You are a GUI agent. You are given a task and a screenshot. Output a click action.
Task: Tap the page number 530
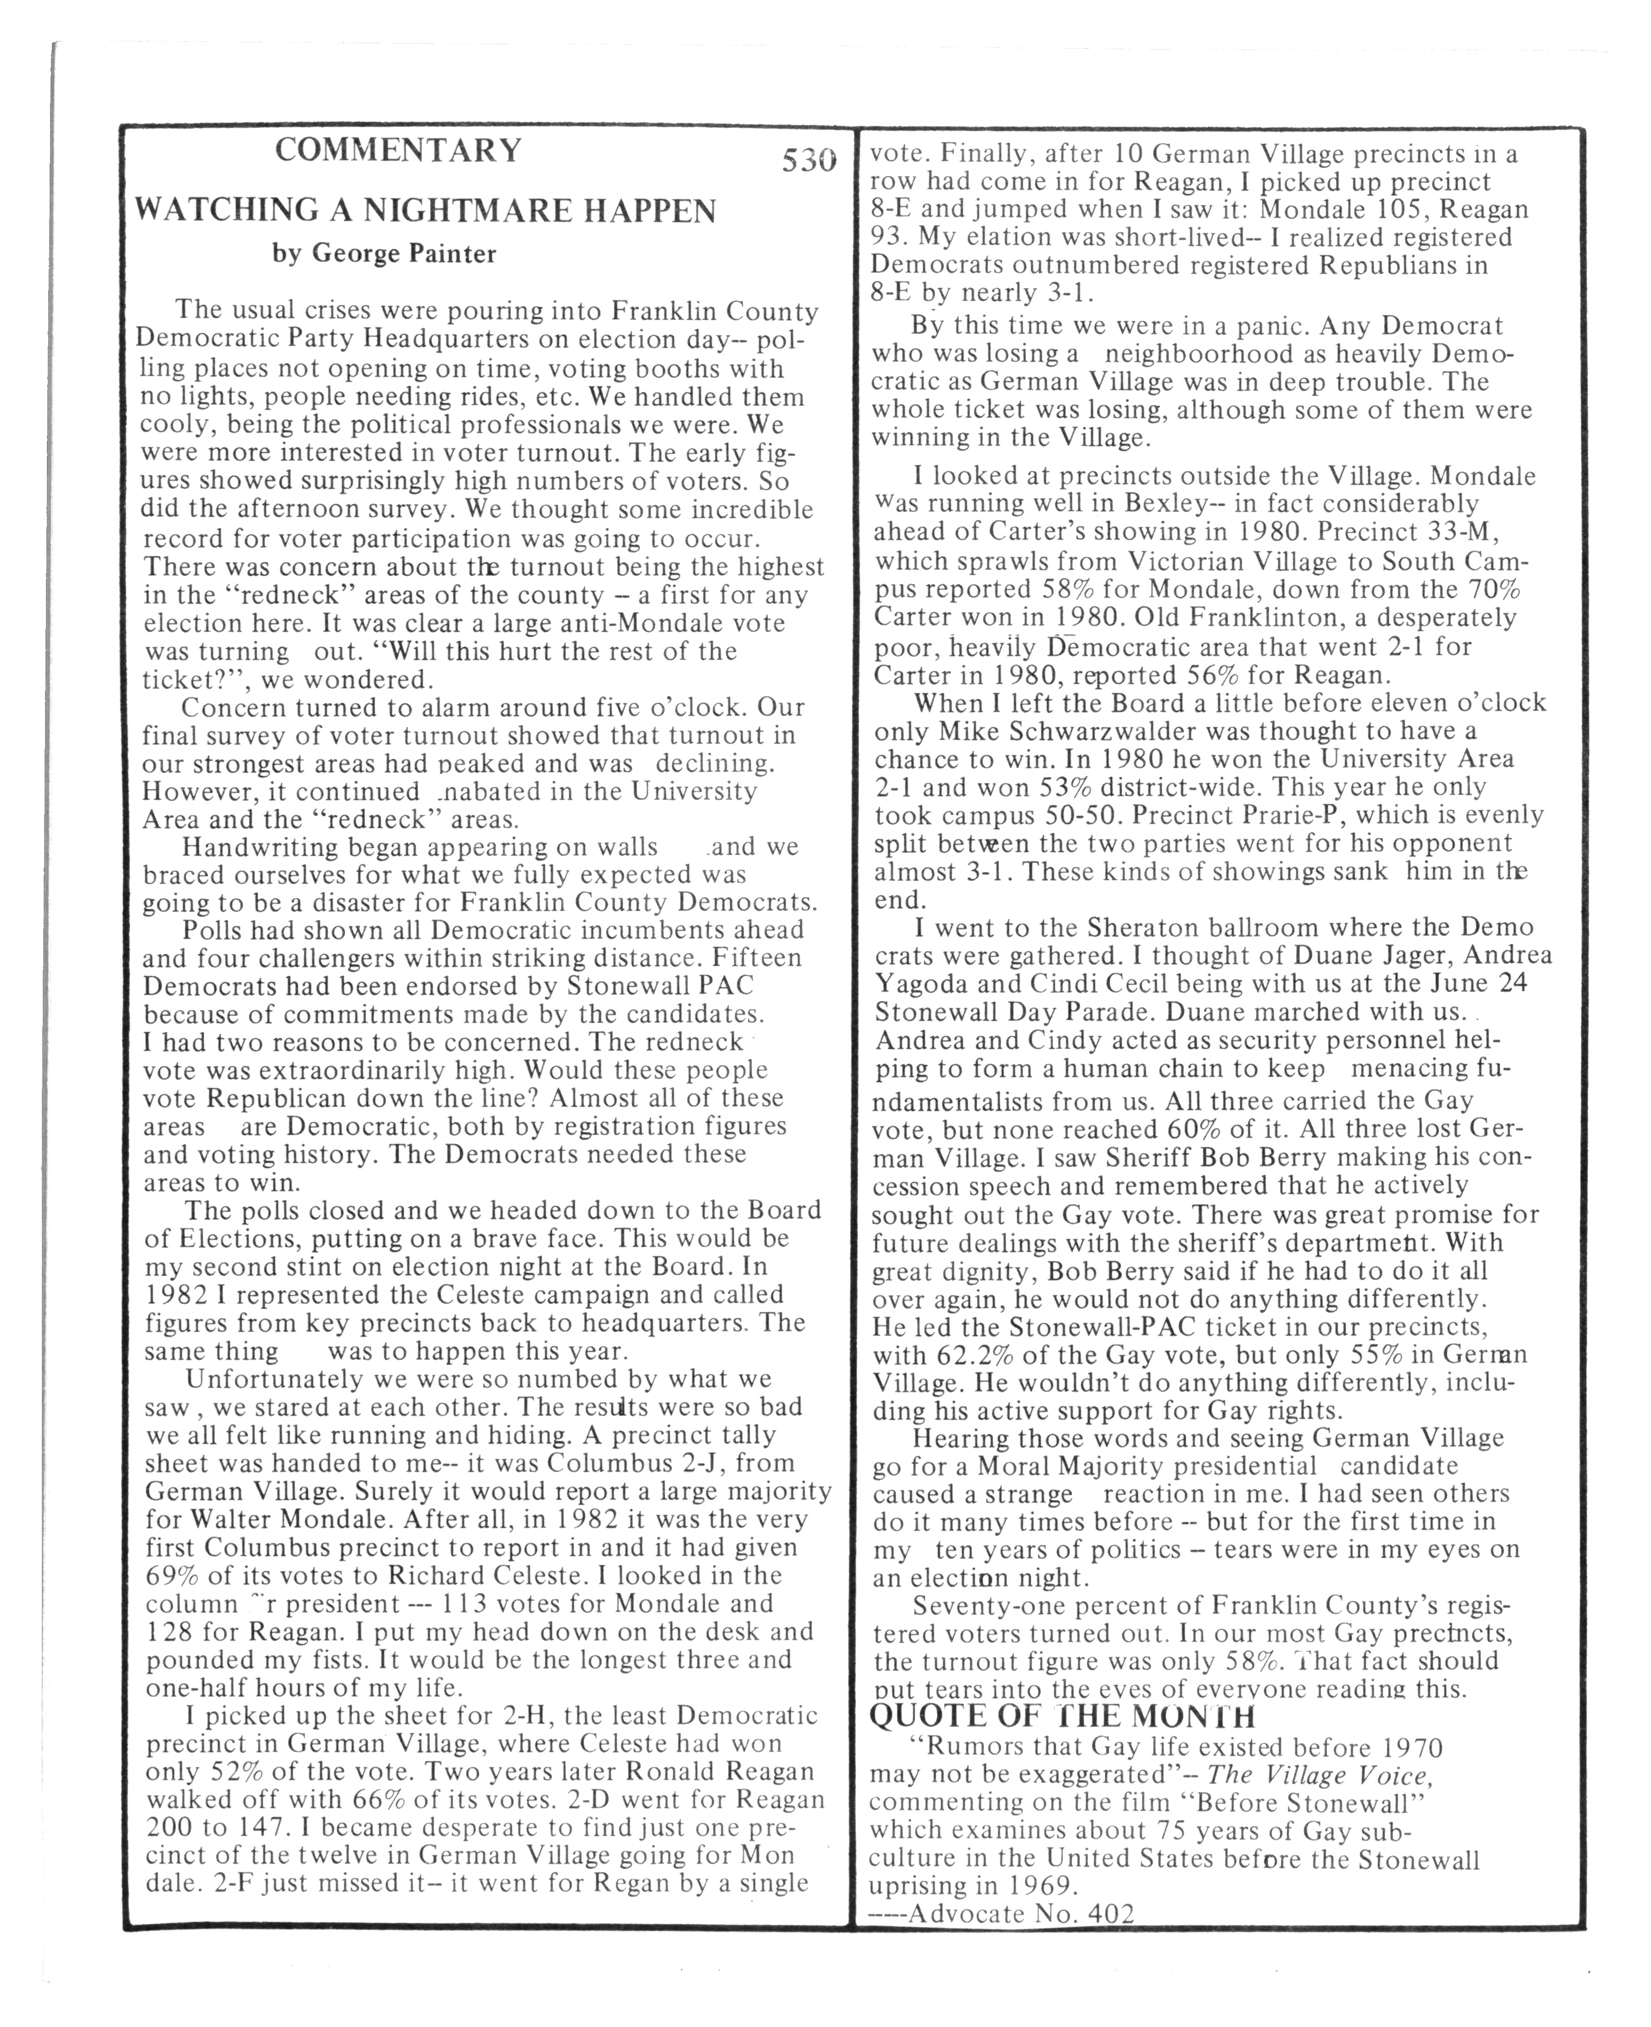[x=808, y=160]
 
